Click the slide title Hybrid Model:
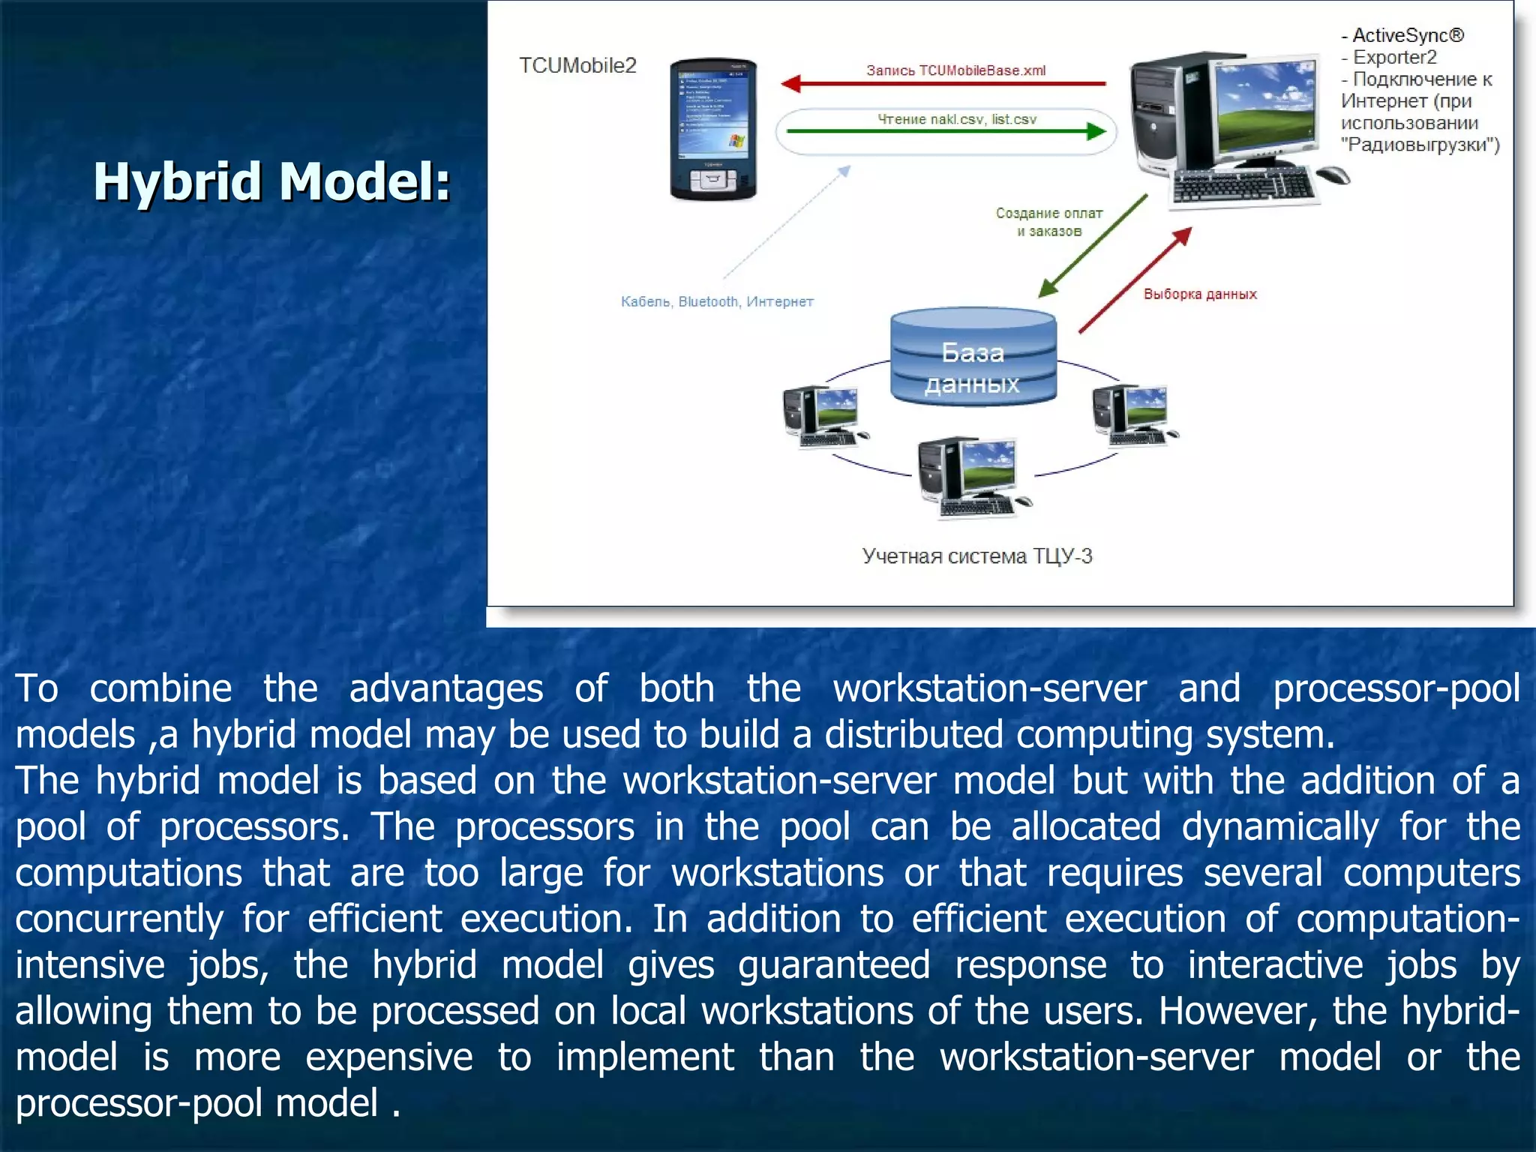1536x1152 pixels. point(271,182)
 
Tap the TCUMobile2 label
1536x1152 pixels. point(577,66)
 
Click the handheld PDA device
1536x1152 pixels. point(712,130)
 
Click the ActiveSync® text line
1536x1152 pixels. point(1402,35)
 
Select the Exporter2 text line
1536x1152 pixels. point(1390,58)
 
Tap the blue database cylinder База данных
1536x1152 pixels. point(973,358)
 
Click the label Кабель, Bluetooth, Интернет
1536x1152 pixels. point(717,301)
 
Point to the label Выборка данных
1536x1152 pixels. point(1200,294)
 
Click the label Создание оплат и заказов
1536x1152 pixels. point(1048,222)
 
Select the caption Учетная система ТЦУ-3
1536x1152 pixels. point(976,556)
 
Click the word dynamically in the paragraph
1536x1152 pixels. point(1279,826)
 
